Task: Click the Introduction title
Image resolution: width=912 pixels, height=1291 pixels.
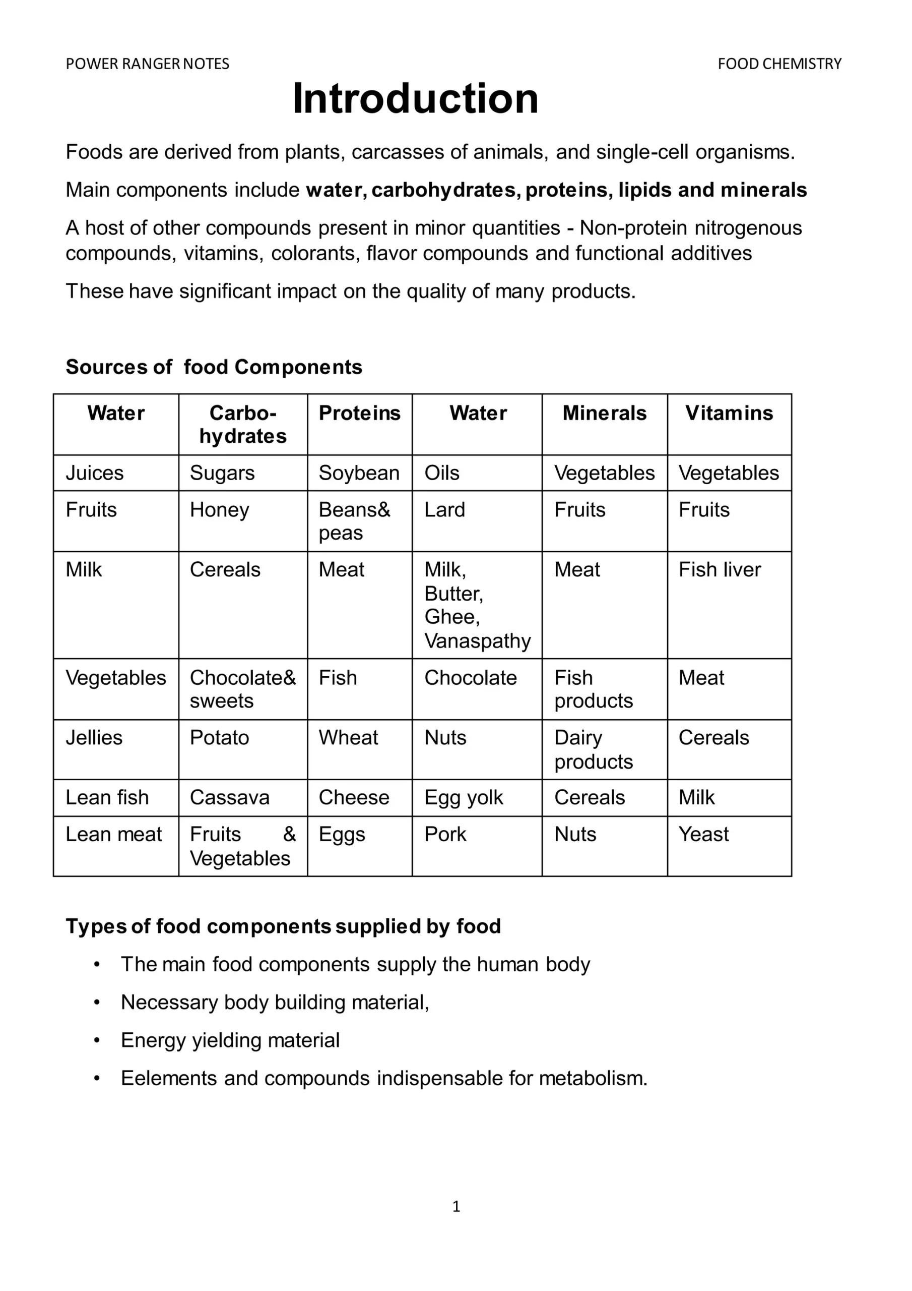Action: coord(415,99)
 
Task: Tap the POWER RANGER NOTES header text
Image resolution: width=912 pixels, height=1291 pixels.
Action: coord(147,64)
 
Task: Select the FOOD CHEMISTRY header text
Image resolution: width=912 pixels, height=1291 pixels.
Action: coord(779,64)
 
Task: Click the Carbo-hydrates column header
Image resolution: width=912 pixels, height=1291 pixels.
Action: coord(243,425)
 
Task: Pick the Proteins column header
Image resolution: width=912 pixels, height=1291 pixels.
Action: coord(359,414)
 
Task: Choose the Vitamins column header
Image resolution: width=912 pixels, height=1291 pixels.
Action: coord(729,414)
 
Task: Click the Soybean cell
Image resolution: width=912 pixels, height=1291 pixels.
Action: coord(359,473)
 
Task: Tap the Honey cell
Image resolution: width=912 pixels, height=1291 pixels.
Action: coord(219,510)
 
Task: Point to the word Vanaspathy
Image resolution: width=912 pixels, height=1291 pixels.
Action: coord(477,641)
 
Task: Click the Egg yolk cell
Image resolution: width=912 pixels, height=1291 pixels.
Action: coord(464,798)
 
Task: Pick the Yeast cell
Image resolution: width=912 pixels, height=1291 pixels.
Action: coord(703,835)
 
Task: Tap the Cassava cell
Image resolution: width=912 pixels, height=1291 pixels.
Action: coord(229,798)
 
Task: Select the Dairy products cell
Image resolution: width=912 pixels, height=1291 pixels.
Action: coord(593,749)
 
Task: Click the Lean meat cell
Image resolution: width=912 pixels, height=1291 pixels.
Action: coord(113,835)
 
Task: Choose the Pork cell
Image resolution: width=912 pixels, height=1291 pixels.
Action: coord(445,835)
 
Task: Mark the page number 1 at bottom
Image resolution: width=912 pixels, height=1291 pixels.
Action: coord(455,1207)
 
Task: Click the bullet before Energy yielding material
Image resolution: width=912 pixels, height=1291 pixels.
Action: coord(97,1041)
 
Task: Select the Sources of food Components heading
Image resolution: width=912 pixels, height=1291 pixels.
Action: coord(214,367)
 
